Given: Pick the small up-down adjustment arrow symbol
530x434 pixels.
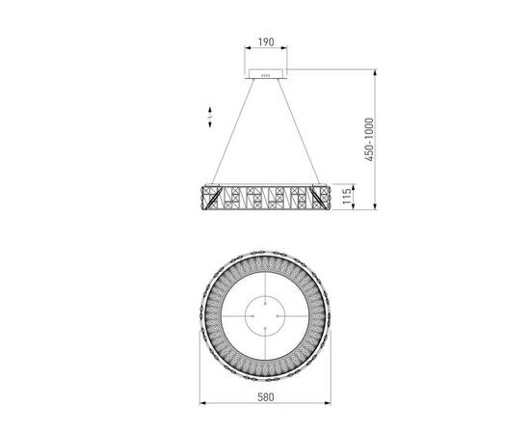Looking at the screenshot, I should tap(210, 117).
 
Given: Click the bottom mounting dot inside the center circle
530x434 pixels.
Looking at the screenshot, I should tap(264, 329).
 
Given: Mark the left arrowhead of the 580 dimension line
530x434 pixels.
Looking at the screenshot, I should tap(201, 402).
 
